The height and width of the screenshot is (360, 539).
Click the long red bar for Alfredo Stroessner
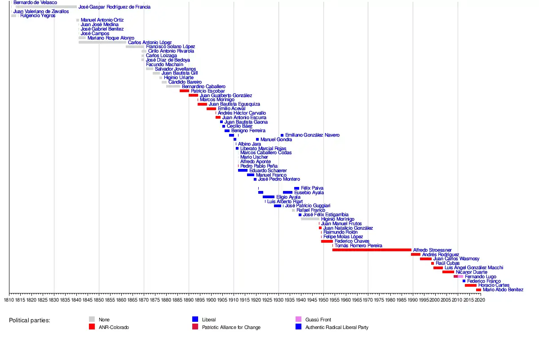(x=371, y=250)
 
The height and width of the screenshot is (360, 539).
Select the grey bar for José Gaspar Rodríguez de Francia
(x=46, y=7)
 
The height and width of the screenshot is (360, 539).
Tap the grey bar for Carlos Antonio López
(x=102, y=42)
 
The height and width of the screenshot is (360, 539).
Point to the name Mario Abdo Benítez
(x=503, y=290)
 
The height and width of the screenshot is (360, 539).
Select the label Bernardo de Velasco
(x=35, y=3)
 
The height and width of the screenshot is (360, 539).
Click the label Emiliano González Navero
(x=312, y=135)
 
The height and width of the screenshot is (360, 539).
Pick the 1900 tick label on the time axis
(x=211, y=299)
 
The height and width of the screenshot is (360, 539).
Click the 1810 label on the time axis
(x=9, y=299)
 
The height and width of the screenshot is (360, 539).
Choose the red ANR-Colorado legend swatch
(x=92, y=327)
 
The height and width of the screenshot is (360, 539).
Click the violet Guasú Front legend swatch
(x=298, y=320)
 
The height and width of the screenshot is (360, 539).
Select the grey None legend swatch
(x=92, y=320)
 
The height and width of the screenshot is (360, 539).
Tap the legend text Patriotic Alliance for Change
(x=231, y=328)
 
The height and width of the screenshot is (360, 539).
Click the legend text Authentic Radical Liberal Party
(x=336, y=328)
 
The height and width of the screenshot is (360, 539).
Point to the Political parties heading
(x=29, y=320)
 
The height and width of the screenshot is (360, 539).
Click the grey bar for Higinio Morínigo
(x=310, y=219)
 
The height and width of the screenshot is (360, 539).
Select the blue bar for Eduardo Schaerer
(x=243, y=170)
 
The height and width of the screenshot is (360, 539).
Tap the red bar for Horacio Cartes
(x=470, y=285)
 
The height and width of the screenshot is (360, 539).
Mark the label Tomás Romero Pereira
(x=358, y=246)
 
